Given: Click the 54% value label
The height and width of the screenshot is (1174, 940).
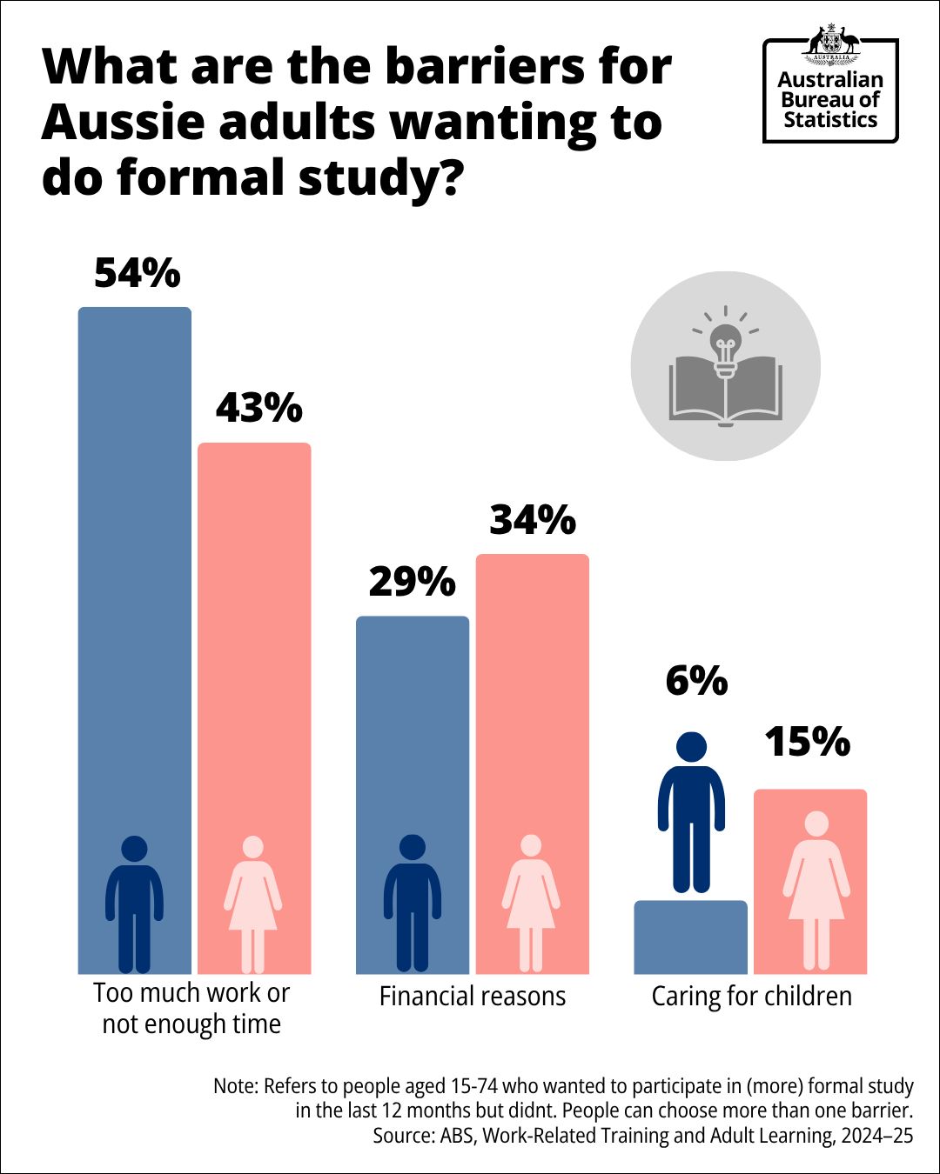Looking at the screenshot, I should click(x=138, y=273).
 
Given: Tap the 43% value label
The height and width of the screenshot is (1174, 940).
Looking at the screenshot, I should click(x=258, y=408).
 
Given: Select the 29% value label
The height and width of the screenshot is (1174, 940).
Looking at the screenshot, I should click(x=412, y=582).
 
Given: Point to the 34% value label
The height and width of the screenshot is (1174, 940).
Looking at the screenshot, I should click(x=533, y=520).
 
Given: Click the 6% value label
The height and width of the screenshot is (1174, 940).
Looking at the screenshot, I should click(x=696, y=681).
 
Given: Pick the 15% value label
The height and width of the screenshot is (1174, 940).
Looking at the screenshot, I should click(x=807, y=742).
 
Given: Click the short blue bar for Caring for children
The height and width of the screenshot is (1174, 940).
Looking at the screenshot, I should click(x=690, y=937).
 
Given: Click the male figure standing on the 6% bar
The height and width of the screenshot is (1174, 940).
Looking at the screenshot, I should click(x=691, y=813).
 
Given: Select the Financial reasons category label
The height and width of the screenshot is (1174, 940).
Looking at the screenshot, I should click(x=473, y=997).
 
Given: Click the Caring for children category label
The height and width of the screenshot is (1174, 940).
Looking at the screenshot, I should click(x=752, y=997).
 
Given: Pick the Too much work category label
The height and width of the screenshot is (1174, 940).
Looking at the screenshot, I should click(x=191, y=1008).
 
